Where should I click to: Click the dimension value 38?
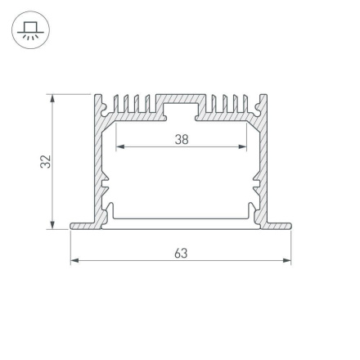[x=182, y=139]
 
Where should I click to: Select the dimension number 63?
[x=181, y=253]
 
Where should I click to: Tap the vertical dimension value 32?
[x=47, y=162]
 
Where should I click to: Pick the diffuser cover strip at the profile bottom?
[x=181, y=222]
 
